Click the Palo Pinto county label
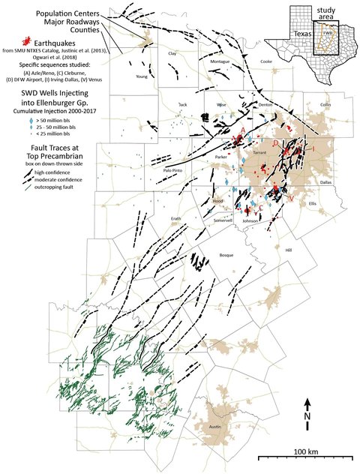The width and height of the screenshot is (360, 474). (x=173, y=170)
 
